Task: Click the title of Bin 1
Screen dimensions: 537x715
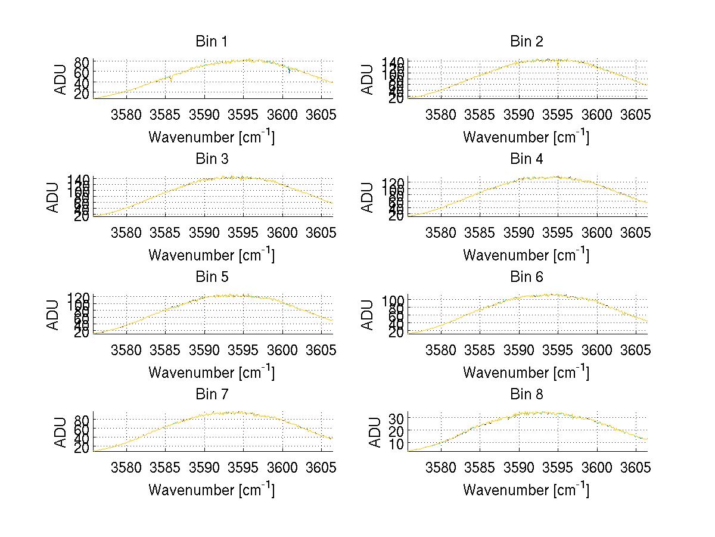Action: (212, 42)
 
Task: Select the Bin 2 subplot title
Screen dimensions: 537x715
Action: (527, 42)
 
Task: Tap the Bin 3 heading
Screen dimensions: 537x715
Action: (212, 159)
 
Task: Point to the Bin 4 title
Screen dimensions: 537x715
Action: (527, 159)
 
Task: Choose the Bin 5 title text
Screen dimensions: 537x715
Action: (212, 277)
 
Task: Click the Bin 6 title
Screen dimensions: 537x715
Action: (527, 277)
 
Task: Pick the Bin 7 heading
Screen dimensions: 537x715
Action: (212, 395)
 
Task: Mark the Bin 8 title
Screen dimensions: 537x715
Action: (527, 395)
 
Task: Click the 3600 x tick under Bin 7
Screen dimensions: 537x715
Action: (282, 467)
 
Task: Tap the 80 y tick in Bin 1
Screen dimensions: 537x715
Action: (82, 62)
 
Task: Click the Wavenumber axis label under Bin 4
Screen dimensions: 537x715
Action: (526, 254)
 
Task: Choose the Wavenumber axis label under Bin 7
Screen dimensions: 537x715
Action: (212, 490)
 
